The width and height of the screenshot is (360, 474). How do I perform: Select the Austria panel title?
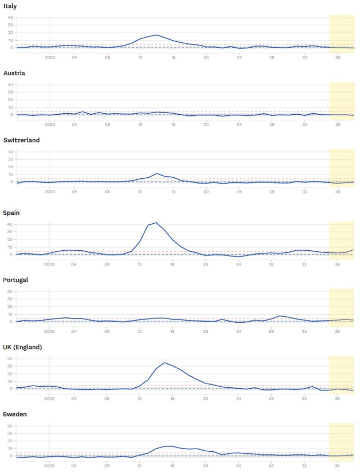14,73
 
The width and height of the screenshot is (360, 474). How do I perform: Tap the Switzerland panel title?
22,140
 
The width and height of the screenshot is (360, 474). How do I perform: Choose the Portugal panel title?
16,280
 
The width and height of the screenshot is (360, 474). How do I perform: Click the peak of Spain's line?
156,223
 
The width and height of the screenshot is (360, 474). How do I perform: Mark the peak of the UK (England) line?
164,363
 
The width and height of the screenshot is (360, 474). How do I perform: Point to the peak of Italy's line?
156,35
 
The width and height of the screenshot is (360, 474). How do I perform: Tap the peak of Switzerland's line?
156,174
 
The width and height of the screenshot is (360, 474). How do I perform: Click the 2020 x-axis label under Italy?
50,57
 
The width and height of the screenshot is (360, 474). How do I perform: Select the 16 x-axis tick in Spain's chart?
173,263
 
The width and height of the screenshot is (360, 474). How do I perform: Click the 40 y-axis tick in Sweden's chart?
10,426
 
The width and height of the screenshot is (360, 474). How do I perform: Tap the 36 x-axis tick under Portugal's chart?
338,331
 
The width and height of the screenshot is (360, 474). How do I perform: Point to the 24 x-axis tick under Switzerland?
239,191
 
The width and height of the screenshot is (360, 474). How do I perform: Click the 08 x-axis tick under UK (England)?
107,398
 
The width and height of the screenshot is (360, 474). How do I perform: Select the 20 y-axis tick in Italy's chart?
10,32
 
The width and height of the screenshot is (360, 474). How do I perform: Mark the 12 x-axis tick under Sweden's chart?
140,465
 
